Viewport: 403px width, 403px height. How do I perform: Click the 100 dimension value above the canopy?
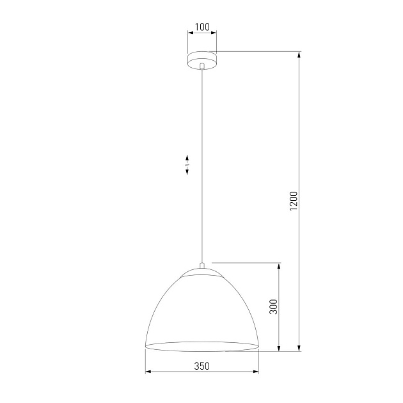(201, 27)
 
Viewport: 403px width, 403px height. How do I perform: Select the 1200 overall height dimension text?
(294, 200)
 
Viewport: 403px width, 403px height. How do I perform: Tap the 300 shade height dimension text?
(273, 308)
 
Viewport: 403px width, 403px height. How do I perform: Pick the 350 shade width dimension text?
(201, 366)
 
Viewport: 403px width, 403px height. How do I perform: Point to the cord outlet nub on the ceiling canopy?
(201, 67)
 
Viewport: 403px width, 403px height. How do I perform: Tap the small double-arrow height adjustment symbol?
(187, 164)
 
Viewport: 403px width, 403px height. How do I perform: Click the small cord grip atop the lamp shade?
(201, 265)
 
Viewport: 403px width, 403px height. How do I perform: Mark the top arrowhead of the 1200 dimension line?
(299, 54)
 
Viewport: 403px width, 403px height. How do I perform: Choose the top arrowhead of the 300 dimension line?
(279, 265)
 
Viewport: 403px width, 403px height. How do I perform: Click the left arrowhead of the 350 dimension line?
(148, 372)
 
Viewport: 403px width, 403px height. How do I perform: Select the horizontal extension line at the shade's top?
(246, 262)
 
